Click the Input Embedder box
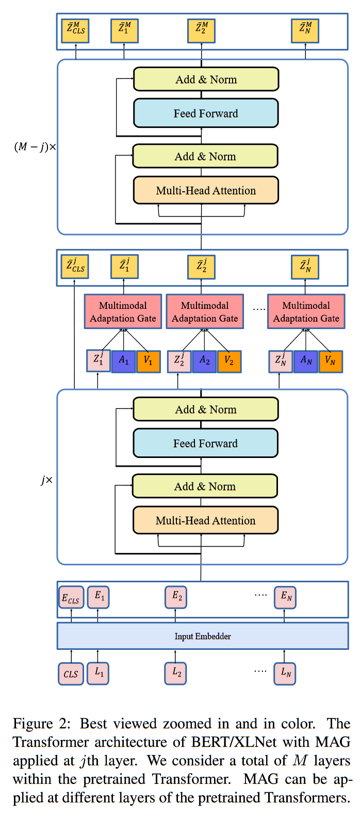(202, 636)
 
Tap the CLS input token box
(71, 674)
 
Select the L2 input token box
(176, 673)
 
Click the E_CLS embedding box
(71, 598)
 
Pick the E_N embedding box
(285, 597)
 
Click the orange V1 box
(149, 362)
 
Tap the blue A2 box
(204, 361)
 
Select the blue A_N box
(306, 361)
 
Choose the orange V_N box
(331, 362)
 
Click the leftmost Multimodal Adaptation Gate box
(123, 312)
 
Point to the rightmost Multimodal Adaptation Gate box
(306, 312)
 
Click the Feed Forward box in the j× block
(205, 444)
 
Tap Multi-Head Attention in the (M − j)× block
(206, 190)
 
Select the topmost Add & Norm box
(206, 79)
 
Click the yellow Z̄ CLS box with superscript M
(76, 30)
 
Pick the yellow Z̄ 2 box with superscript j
(201, 267)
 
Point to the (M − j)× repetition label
(35, 147)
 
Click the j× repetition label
(46, 480)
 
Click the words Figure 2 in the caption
(42, 724)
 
